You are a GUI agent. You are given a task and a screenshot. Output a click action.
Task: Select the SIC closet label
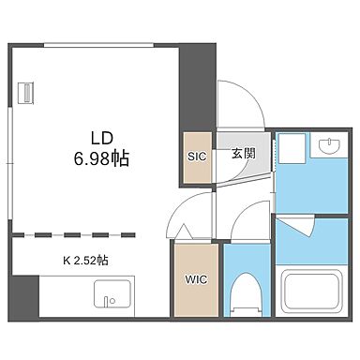[x=197, y=156]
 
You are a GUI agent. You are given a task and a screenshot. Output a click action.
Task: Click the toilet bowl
[x=247, y=291]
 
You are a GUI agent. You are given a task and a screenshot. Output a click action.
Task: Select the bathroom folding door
[x=298, y=225]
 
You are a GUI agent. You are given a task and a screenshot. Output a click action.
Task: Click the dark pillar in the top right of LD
[x=197, y=89]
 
